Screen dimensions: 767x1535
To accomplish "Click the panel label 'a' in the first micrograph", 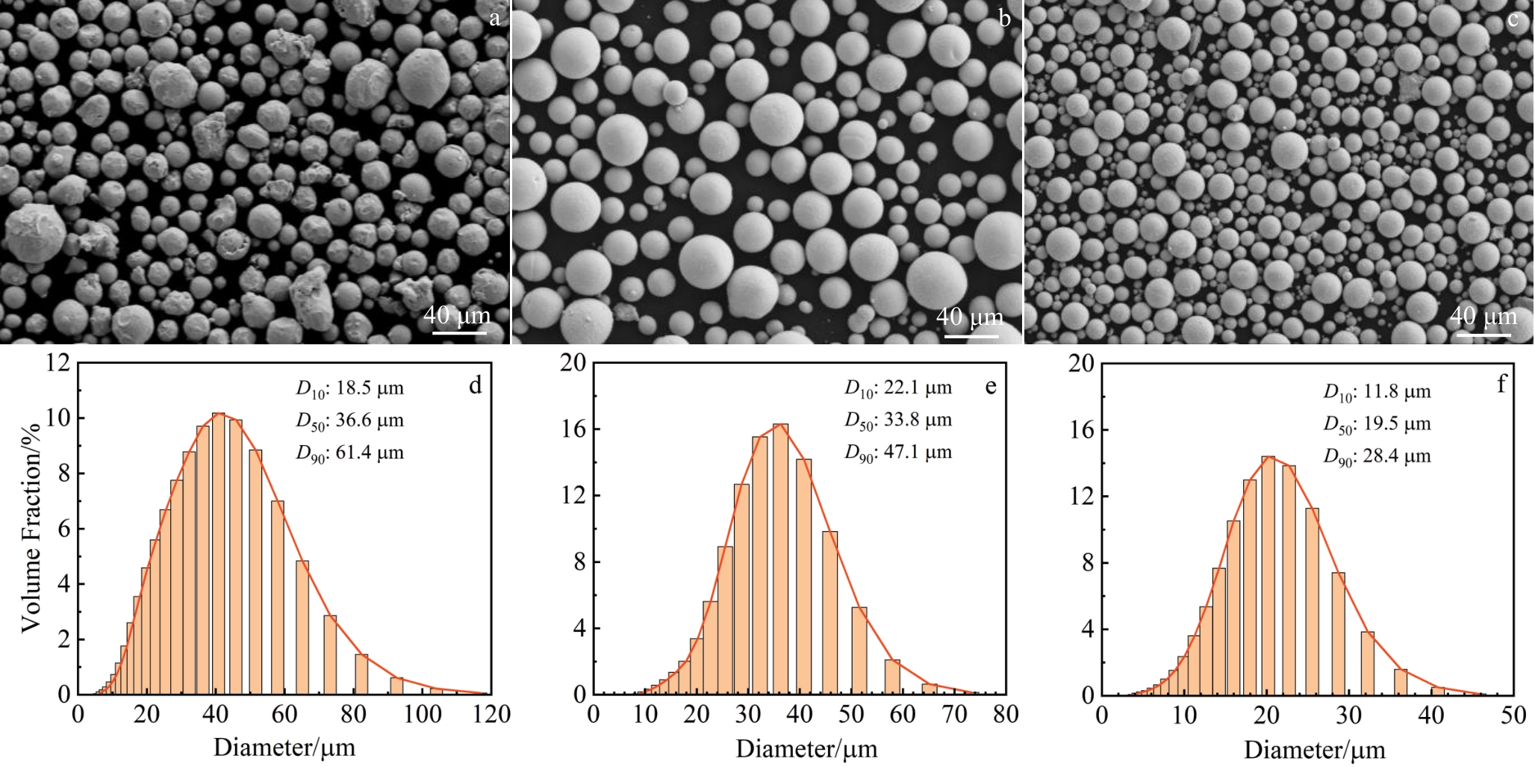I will click(x=494, y=19).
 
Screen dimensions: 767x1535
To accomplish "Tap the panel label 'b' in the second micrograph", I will click(x=1005, y=19).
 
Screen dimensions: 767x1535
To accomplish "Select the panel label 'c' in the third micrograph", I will click(x=1513, y=19).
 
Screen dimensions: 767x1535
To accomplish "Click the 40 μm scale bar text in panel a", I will click(x=457, y=316).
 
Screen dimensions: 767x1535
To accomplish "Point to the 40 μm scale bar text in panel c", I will click(x=1483, y=316).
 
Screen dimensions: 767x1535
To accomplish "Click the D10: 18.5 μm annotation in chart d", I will click(x=350, y=388).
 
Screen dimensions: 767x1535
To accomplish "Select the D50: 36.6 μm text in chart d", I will click(x=350, y=420).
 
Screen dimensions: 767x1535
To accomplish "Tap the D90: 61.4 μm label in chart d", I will click(x=350, y=453).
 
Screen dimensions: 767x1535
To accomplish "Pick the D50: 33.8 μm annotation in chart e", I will click(x=899, y=420).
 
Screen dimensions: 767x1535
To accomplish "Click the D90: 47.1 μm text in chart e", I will click(x=899, y=452).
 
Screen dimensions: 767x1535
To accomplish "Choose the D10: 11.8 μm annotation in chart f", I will click(x=1377, y=392).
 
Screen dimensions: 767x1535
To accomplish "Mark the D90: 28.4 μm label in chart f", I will click(x=1377, y=456).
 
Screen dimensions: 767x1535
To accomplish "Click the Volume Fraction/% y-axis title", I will click(x=31, y=527).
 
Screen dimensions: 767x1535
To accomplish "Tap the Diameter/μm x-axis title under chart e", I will click(x=806, y=748).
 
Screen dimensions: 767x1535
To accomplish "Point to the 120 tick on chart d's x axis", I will click(x=491, y=715).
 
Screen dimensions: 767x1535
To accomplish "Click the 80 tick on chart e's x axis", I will click(x=1006, y=715).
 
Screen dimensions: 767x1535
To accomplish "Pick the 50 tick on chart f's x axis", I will click(x=1513, y=715).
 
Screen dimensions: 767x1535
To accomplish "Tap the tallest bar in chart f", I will click(x=1268, y=575).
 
